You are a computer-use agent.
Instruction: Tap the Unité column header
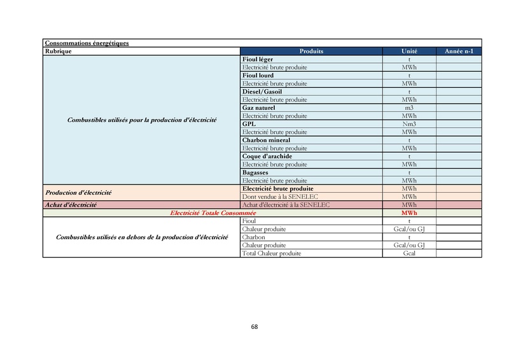coord(409,51)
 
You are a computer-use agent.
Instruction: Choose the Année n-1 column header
coord(459,51)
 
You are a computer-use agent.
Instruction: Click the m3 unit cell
coord(409,107)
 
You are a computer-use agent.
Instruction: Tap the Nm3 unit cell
coord(409,124)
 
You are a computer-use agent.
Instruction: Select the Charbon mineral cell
coord(266,140)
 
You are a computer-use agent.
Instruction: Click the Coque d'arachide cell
coord(267,156)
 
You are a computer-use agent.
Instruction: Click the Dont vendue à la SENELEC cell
coord(280,197)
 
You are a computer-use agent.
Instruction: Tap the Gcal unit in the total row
coord(409,253)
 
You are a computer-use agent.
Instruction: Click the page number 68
coord(254,327)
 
